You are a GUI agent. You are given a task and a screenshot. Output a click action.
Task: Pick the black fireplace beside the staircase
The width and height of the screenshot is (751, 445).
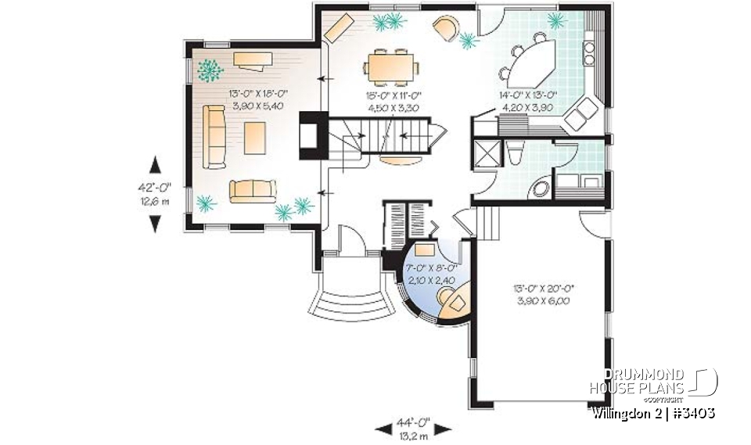coord(309,137)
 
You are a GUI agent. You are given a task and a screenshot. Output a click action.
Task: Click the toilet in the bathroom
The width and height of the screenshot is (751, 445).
coord(514,154)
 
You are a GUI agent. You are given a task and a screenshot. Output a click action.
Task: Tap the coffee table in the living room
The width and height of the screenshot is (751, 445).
coord(255,139)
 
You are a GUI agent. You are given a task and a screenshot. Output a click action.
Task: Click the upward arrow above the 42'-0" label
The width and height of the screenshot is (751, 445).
coord(156,165)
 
